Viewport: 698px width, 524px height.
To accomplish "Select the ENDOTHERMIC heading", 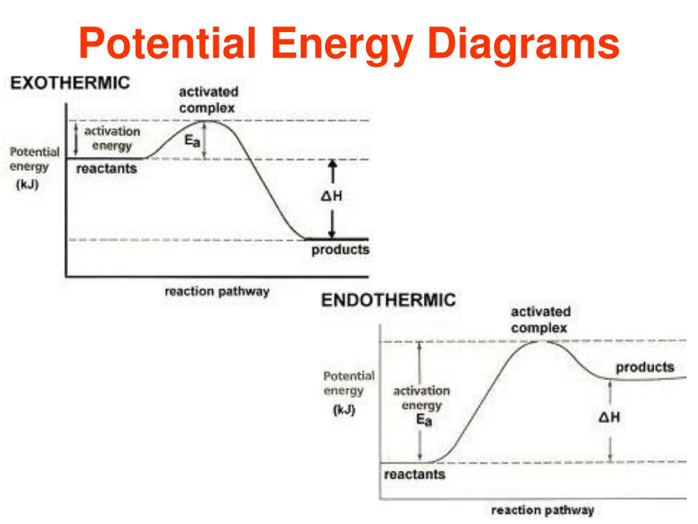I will [x=388, y=301].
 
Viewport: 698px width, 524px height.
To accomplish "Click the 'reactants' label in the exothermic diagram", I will [x=106, y=168].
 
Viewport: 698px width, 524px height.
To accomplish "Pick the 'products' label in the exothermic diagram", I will [x=340, y=250].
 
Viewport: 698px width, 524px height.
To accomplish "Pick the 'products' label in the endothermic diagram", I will [x=645, y=367].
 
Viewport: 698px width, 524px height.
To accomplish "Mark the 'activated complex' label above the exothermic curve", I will [x=208, y=100].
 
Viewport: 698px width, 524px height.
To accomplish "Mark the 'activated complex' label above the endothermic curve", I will [x=541, y=319].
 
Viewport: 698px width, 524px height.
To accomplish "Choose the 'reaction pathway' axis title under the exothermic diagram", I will [x=216, y=291].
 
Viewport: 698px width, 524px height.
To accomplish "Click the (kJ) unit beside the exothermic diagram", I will [x=27, y=184].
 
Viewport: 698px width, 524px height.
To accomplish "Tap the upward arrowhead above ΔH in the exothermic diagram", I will [x=331, y=164].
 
